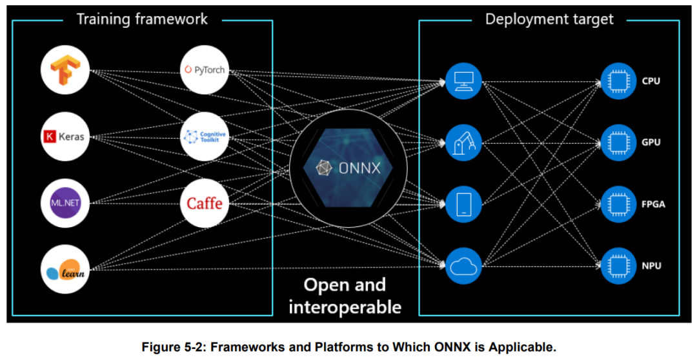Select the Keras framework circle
click(65, 136)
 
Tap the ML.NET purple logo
click(65, 203)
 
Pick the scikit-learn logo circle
click(65, 270)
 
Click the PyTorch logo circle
click(205, 70)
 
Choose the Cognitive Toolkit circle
click(205, 136)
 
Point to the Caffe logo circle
click(205, 203)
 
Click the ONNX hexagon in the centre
click(348, 168)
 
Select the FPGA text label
click(653, 205)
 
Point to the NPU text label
click(651, 266)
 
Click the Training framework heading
click(142, 19)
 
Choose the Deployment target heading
click(549, 19)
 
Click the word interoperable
click(345, 306)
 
